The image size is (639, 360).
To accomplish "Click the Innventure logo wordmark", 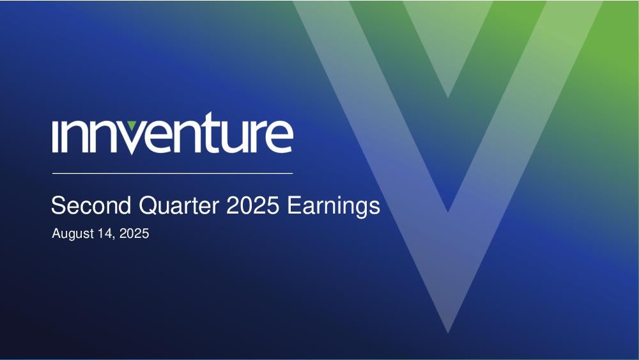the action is click(173, 133).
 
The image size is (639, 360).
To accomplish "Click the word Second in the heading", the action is click(91, 205).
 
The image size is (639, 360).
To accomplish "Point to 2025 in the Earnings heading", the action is click(252, 205).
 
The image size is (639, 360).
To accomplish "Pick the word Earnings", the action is click(334, 206).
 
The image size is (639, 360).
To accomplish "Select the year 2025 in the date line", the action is click(134, 233).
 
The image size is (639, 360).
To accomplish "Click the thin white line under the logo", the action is click(173, 173).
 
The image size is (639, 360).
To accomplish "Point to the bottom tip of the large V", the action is click(448, 333).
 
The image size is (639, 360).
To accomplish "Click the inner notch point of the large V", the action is click(448, 212).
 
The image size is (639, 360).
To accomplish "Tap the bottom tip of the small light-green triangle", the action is click(448, 97).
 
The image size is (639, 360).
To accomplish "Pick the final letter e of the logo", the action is click(280, 136).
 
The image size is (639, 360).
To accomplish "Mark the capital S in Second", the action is click(58, 205).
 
